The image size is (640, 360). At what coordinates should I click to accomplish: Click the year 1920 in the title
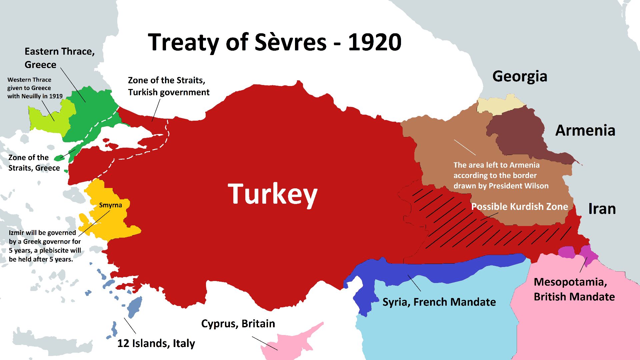tap(374, 42)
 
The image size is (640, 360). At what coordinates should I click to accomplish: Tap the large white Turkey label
tap(273, 194)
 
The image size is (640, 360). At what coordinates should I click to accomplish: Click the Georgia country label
tap(519, 76)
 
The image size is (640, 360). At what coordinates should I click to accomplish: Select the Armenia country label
tap(585, 130)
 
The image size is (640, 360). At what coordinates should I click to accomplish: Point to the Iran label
tap(602, 209)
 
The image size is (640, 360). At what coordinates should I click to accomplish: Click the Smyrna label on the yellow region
tap(110, 205)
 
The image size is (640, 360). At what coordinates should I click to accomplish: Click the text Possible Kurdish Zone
tap(519, 207)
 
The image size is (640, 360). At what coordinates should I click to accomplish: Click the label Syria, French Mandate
tap(439, 302)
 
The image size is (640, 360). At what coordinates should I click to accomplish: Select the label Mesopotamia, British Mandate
tap(574, 289)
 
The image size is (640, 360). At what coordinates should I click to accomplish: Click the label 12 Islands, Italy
tap(156, 343)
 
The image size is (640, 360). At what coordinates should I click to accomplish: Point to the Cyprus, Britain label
tap(238, 324)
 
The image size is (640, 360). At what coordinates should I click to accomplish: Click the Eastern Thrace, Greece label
tap(59, 58)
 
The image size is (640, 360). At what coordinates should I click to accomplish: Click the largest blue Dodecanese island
tap(134, 307)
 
